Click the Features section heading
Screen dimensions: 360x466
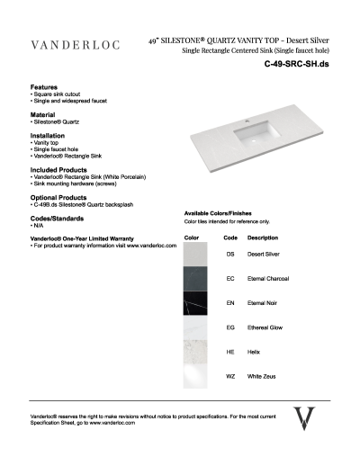(x=44, y=86)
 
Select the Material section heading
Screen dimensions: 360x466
(x=42, y=114)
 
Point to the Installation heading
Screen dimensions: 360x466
(x=47, y=136)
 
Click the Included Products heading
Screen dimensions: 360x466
(x=58, y=168)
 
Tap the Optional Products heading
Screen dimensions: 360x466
(x=58, y=197)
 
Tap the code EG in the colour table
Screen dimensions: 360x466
(x=230, y=328)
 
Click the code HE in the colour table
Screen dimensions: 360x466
(x=230, y=353)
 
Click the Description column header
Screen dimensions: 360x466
(x=262, y=237)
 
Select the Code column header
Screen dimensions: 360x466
(x=229, y=237)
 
